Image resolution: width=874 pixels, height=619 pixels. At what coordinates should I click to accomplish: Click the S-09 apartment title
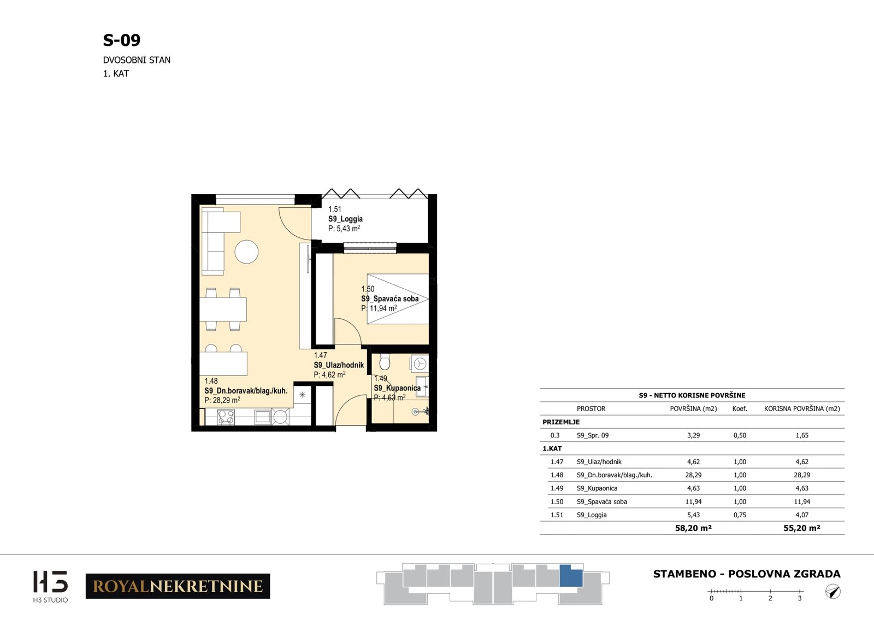[121, 40]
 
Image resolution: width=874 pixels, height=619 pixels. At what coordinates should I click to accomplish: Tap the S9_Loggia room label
[345, 219]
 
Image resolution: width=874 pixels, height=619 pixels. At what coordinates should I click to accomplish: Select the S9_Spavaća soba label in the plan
[390, 299]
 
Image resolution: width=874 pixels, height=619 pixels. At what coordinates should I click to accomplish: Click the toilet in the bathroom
[385, 362]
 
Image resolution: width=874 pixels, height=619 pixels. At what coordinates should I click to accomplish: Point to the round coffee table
[246, 252]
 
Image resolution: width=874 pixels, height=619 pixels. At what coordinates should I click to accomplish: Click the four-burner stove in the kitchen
[226, 417]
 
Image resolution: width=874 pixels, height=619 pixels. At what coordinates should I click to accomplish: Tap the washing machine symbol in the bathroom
[420, 364]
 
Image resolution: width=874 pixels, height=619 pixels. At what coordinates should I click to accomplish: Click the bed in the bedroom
[398, 299]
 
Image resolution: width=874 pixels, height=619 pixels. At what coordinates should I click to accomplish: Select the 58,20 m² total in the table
[693, 528]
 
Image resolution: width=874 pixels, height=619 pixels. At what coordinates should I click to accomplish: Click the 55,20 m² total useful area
[802, 528]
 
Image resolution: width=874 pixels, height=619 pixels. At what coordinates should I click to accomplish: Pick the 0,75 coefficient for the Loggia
[740, 515]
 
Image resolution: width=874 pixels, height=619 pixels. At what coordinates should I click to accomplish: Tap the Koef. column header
[740, 408]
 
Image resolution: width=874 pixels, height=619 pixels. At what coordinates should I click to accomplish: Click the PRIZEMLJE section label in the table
[561, 422]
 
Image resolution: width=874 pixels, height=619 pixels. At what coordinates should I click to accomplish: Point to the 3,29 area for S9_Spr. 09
[693, 435]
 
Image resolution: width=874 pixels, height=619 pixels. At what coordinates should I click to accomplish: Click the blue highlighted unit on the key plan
[571, 576]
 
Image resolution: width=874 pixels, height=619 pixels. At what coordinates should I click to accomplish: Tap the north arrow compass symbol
[833, 592]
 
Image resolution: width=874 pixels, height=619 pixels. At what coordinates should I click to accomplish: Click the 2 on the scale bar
[770, 598]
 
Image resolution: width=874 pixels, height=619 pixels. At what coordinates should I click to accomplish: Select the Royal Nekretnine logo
[178, 586]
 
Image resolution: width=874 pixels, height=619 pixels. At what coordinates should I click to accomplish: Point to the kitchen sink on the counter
[262, 417]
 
